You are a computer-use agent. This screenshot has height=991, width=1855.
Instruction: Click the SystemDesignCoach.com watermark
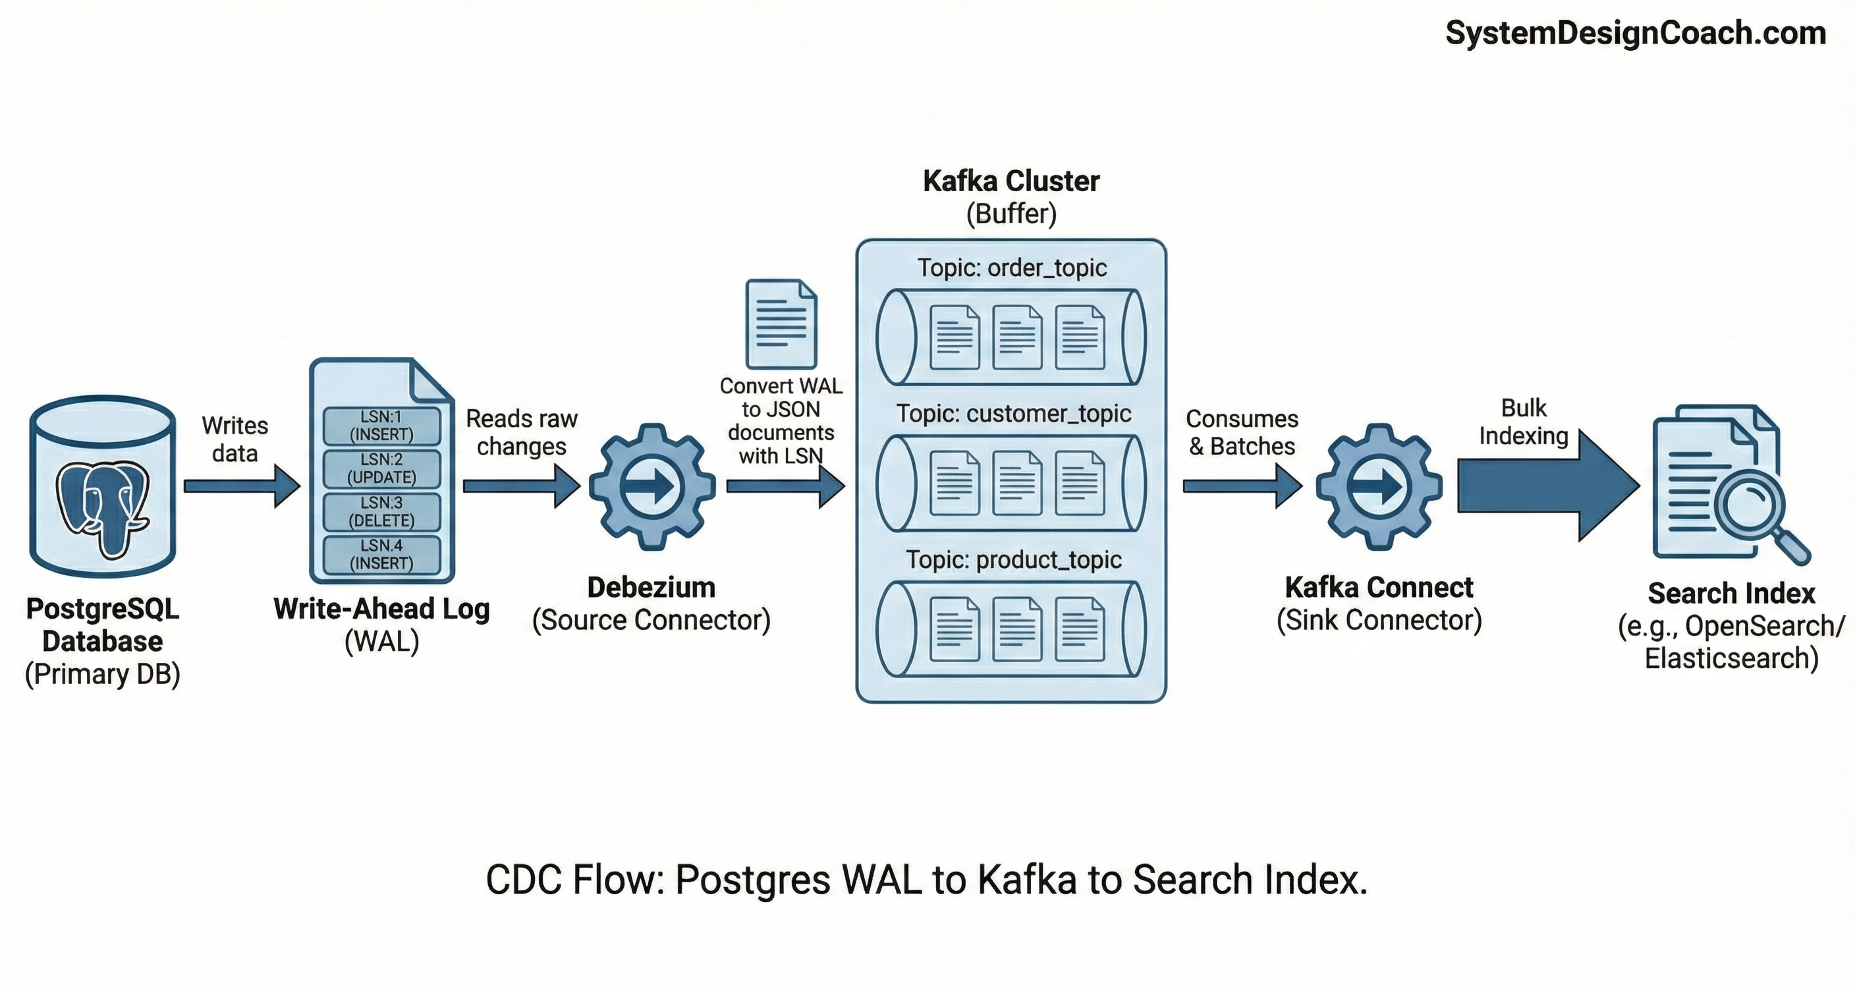[1634, 34]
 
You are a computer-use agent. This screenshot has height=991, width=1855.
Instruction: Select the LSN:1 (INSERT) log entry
[381, 426]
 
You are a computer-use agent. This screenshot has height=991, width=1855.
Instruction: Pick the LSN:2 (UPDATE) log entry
[381, 468]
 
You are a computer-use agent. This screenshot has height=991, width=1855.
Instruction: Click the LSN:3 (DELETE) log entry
[381, 511]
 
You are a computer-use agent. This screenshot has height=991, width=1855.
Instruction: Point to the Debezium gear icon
[651, 487]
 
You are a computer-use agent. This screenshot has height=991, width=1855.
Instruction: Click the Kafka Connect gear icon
[1378, 487]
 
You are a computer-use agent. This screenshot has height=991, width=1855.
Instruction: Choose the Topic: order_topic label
[1011, 268]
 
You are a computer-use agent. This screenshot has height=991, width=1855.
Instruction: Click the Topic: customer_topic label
[1012, 413]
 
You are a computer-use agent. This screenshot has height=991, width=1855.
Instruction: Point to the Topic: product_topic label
[1012, 559]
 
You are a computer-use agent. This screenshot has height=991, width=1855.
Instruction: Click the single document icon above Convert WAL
[781, 324]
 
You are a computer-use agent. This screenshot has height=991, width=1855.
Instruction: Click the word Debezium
[651, 588]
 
